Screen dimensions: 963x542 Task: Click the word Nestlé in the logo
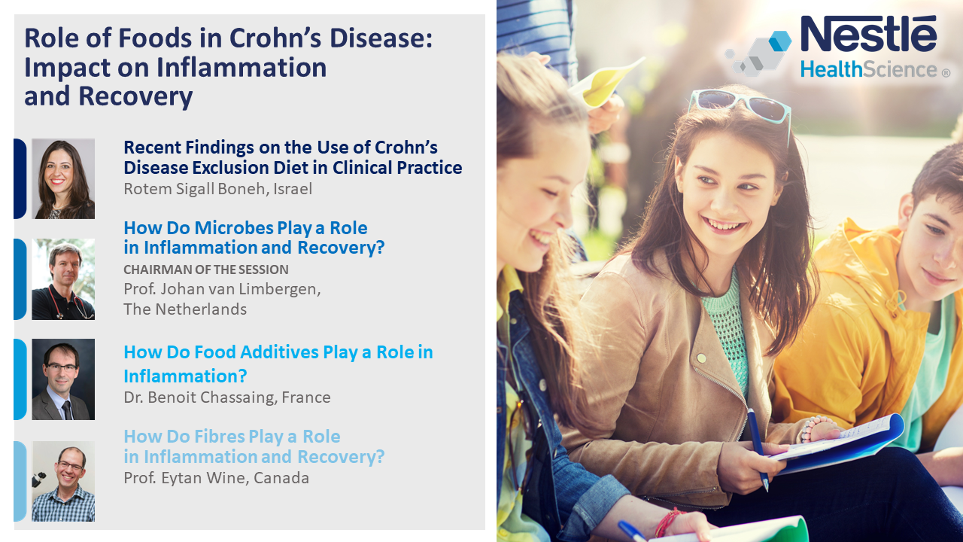point(868,34)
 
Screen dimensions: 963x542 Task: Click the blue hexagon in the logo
point(780,41)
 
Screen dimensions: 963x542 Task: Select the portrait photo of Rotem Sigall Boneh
point(63,178)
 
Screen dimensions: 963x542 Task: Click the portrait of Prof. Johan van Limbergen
point(63,279)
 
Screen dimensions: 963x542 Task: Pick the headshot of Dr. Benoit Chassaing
point(63,379)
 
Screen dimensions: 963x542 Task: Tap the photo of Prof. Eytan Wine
point(63,481)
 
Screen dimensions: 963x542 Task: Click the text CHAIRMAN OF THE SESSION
point(206,269)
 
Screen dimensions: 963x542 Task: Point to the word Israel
point(293,189)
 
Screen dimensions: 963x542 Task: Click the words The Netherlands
point(185,309)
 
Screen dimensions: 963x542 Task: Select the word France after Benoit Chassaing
point(306,397)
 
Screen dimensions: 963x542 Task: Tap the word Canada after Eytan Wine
point(281,478)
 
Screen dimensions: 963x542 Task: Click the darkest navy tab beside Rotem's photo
point(20,178)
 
